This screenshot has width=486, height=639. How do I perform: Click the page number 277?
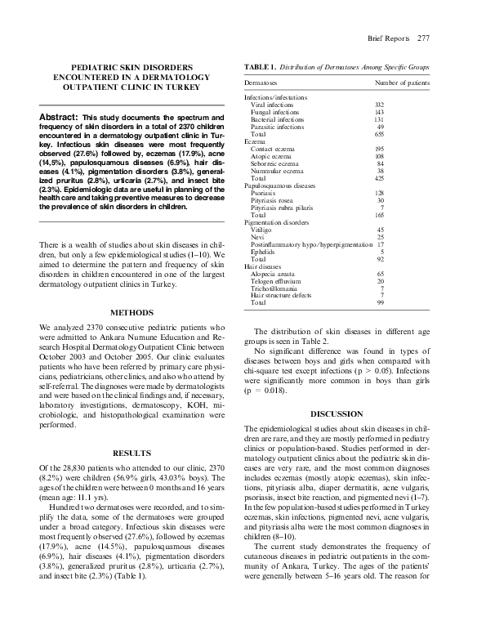tap(423, 38)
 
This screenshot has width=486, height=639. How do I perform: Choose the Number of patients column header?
tap(402, 83)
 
